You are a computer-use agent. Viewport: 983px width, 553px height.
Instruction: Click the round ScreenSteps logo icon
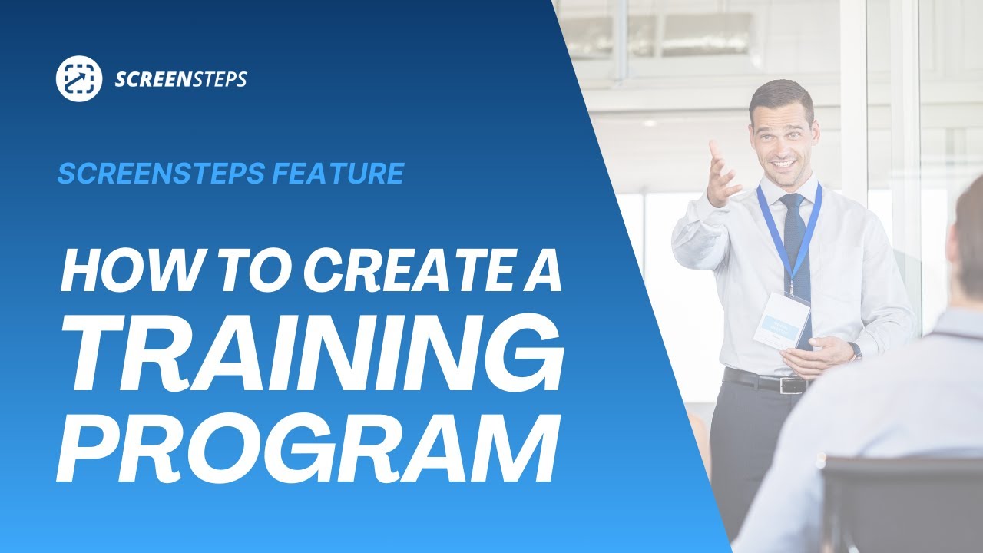pyautogui.click(x=79, y=78)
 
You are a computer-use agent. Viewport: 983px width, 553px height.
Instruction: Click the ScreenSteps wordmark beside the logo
pyautogui.click(x=180, y=79)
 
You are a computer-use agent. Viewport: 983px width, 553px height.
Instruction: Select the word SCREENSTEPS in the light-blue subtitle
pyautogui.click(x=160, y=174)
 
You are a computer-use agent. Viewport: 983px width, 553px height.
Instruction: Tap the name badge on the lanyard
pyautogui.click(x=782, y=319)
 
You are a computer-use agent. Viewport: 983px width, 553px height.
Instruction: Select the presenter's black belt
pyautogui.click(x=764, y=380)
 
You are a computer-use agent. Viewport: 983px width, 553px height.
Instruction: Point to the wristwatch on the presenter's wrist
pyautogui.click(x=855, y=350)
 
